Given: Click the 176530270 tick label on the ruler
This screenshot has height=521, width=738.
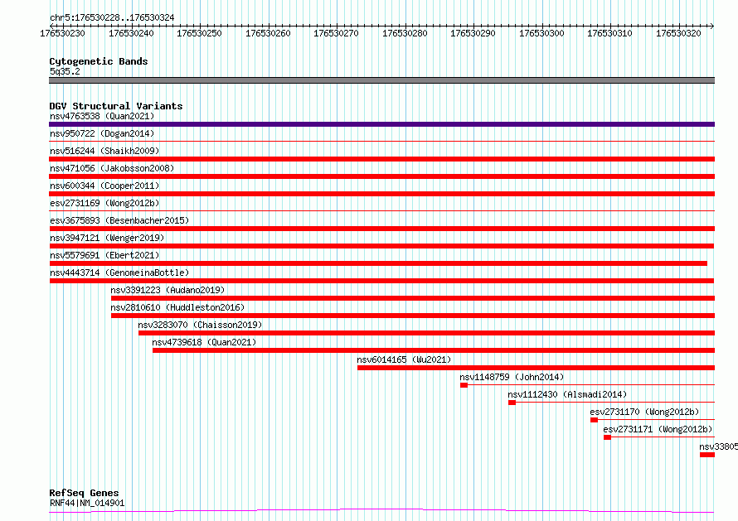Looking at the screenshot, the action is (336, 33).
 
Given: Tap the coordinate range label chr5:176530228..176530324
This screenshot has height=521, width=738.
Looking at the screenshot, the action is (112, 18).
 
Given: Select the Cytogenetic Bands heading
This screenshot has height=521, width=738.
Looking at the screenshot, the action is (99, 61).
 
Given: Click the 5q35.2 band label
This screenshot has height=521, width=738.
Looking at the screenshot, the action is (65, 71).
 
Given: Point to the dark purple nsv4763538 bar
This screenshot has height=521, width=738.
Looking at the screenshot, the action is (381, 124).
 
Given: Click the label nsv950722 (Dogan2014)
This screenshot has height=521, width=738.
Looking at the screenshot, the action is (102, 133).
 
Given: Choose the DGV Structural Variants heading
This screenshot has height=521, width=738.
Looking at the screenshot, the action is (116, 106).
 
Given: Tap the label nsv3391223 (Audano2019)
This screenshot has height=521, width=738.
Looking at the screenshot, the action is (168, 290).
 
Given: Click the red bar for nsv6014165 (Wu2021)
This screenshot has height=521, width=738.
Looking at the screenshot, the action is (536, 368).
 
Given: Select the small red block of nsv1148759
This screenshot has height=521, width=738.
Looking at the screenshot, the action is (464, 385).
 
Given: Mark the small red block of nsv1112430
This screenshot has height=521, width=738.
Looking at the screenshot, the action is (512, 403).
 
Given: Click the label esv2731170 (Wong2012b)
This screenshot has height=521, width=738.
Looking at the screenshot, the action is (644, 412).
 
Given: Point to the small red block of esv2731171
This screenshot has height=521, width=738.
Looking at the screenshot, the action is (608, 437).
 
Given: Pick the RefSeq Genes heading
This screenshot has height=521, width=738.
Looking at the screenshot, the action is (84, 493).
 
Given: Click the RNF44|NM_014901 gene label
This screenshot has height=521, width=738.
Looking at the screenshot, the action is (87, 503).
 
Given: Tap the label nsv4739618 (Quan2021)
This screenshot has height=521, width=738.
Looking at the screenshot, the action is (204, 342).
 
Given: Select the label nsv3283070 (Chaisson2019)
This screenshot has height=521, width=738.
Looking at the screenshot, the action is (200, 325).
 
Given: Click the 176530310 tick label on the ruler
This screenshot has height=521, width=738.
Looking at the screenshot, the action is (609, 33).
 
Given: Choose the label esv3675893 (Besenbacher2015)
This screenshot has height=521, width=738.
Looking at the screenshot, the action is (119, 220).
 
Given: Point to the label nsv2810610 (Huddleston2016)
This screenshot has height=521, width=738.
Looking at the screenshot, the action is (177, 307).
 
